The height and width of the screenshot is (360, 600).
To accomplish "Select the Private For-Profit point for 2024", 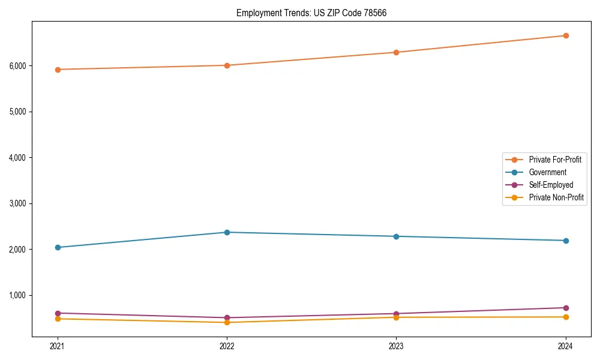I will pyautogui.click(x=566, y=35).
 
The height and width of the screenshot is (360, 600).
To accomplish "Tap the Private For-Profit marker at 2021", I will pyautogui.click(x=58, y=70).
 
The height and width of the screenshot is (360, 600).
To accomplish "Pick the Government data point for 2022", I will pyautogui.click(x=227, y=232).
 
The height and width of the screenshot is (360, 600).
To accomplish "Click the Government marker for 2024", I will pyautogui.click(x=566, y=241).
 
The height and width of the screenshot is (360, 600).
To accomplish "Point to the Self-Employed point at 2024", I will pyautogui.click(x=566, y=308).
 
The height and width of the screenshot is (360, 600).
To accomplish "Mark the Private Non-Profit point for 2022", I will pyautogui.click(x=227, y=322).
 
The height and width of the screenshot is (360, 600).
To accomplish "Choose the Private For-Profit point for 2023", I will pyautogui.click(x=396, y=52).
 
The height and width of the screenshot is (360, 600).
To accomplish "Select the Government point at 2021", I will pyautogui.click(x=58, y=247).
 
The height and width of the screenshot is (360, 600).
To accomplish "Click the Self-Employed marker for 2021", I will pyautogui.click(x=58, y=313).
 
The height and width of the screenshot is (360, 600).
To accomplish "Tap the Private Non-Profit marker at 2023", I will pyautogui.click(x=396, y=317).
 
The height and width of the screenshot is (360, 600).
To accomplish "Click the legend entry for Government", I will pyautogui.click(x=547, y=172).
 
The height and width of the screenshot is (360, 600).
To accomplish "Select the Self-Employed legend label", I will pyautogui.click(x=551, y=185).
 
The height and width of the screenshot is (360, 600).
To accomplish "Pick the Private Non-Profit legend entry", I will pyautogui.click(x=556, y=197).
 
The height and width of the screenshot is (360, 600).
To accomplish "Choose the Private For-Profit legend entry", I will pyautogui.click(x=555, y=160).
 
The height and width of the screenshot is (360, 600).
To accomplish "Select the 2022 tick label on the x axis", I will pyautogui.click(x=227, y=346).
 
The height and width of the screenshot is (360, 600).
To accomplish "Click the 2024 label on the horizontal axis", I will pyautogui.click(x=566, y=346).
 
